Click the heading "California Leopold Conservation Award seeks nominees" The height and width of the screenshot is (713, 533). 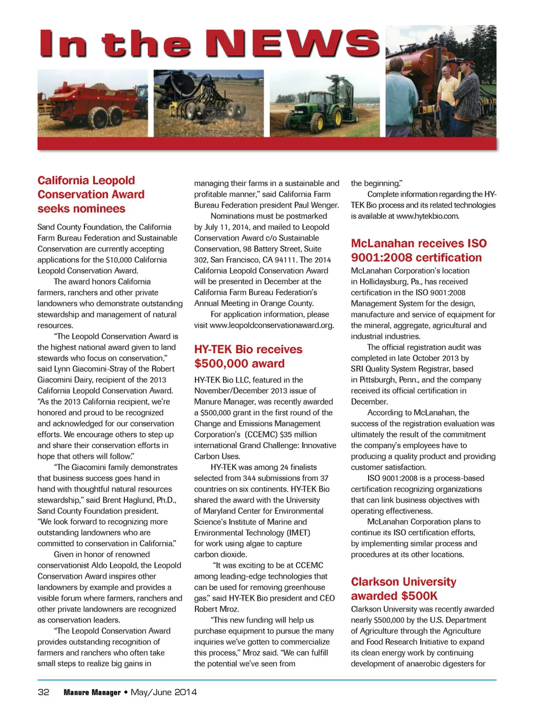tap(90, 194)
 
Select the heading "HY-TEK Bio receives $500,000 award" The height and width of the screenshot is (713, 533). tap(248, 356)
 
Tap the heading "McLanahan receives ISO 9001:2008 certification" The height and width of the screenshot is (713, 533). tap(419, 250)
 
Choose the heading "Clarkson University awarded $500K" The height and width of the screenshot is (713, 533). tap(403, 589)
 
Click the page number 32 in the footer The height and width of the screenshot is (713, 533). tap(43, 692)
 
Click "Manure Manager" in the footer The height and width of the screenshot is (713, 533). tap(92, 692)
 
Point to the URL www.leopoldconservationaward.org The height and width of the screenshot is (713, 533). tap(271, 325)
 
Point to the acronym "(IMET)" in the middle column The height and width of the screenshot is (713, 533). tap(298, 533)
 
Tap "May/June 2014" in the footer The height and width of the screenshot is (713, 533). tap(164, 692)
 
